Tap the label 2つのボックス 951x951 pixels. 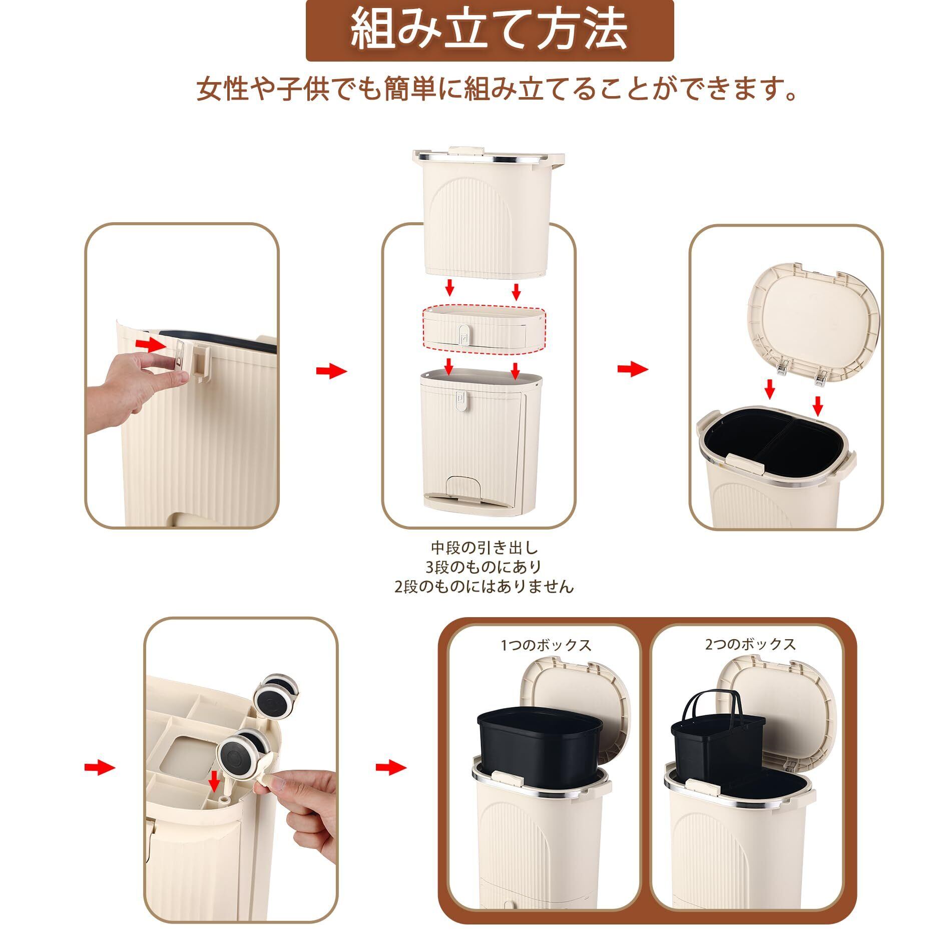coord(750,644)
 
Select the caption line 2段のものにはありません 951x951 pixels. coord(485,586)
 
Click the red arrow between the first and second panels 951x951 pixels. coord(331,371)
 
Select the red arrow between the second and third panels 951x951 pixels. coord(633,369)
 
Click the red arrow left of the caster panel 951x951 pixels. coord(100,766)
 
